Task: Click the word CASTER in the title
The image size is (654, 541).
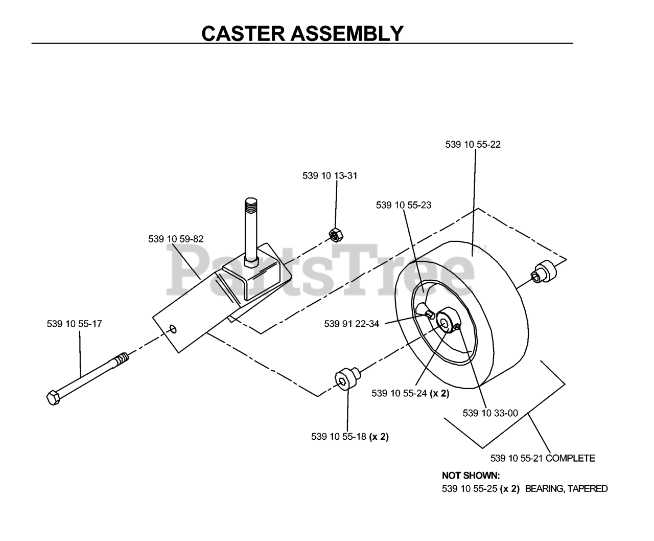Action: pyautogui.click(x=243, y=33)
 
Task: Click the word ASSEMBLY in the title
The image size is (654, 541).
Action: pyautogui.click(x=347, y=33)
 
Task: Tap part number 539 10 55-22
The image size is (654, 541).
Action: pyautogui.click(x=473, y=144)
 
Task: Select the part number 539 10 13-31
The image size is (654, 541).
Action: pyautogui.click(x=330, y=175)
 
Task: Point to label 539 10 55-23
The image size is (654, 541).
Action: pyautogui.click(x=404, y=205)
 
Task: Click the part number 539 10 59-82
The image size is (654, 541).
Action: pyautogui.click(x=176, y=239)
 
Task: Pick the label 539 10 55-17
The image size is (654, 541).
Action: pyautogui.click(x=75, y=324)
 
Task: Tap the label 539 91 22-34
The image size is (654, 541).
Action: pyautogui.click(x=352, y=324)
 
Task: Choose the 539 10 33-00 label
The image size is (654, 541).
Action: pyautogui.click(x=491, y=413)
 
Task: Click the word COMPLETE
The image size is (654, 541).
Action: pyautogui.click(x=570, y=458)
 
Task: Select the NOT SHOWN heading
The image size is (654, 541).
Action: pyautogui.click(x=471, y=476)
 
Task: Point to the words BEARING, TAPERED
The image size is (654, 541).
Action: pyautogui.click(x=566, y=489)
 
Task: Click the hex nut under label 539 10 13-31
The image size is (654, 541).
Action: pyautogui.click(x=336, y=235)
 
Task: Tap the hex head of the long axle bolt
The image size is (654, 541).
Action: pyautogui.click(x=53, y=397)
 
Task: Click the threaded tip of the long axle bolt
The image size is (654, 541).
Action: pyautogui.click(x=122, y=357)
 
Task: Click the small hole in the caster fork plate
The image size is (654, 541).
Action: pyautogui.click(x=173, y=329)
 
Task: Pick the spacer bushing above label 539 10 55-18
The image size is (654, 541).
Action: pyautogui.click(x=347, y=378)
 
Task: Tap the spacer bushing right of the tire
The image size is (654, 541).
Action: pyautogui.click(x=545, y=272)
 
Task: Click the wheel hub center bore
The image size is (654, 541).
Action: pyautogui.click(x=444, y=323)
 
